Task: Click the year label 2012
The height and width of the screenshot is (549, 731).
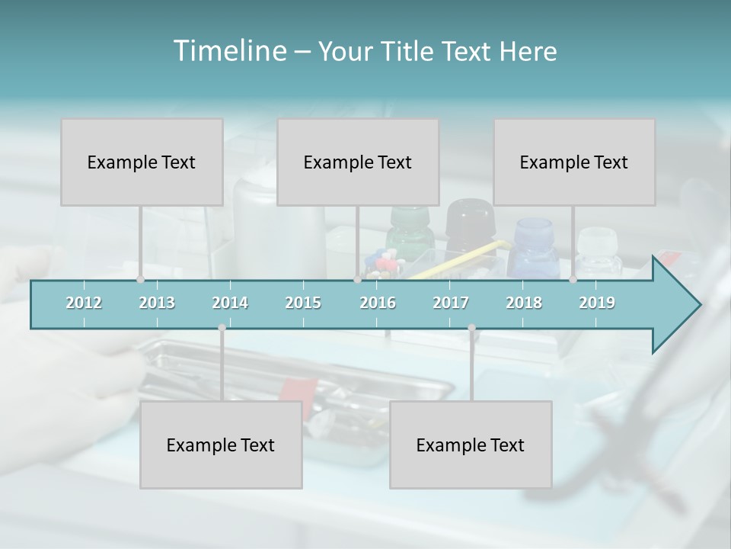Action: (x=84, y=303)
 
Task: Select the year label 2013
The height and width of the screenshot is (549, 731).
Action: (x=157, y=303)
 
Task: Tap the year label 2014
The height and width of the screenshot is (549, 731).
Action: (x=230, y=303)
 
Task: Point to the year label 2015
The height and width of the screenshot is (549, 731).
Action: (x=303, y=303)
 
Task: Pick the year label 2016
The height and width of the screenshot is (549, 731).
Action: (x=378, y=303)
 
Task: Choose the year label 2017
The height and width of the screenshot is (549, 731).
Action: (x=451, y=303)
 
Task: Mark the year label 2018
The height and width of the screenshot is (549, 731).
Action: (x=524, y=303)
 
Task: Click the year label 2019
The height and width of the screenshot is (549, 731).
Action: (x=597, y=303)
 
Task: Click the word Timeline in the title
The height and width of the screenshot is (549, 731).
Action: (x=228, y=51)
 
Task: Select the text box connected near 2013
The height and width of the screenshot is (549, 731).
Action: (x=142, y=162)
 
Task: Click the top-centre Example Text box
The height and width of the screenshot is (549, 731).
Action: (x=358, y=162)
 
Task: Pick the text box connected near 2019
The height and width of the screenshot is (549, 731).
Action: (x=574, y=162)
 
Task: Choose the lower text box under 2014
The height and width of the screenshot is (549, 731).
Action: (x=221, y=445)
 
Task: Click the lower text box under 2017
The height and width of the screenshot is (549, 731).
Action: (x=471, y=445)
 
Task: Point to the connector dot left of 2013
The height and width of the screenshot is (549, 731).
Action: (x=140, y=279)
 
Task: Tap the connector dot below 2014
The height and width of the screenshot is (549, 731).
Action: (x=222, y=328)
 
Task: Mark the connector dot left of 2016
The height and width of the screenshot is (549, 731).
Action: (x=357, y=279)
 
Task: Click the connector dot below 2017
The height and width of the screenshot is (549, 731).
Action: (x=471, y=328)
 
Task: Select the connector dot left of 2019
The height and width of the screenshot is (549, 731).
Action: (x=573, y=279)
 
